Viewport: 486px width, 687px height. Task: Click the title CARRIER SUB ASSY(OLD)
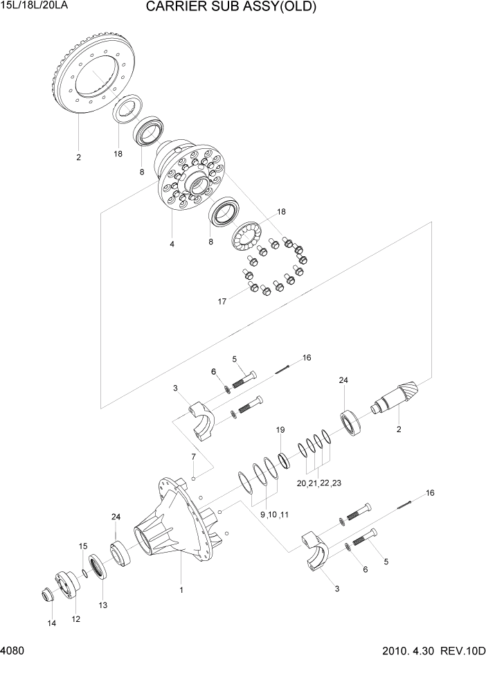pyautogui.click(x=231, y=8)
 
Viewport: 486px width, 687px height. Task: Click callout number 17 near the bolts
pyautogui.click(x=222, y=302)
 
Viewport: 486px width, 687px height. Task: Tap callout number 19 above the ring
pyautogui.click(x=280, y=430)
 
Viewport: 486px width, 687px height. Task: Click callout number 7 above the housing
pyautogui.click(x=194, y=457)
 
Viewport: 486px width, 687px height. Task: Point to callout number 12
pyautogui.click(x=76, y=618)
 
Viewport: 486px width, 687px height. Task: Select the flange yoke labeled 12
pyautogui.click(x=66, y=582)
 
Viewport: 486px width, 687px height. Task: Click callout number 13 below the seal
pyautogui.click(x=103, y=604)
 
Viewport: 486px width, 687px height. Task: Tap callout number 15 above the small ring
pyautogui.click(x=82, y=546)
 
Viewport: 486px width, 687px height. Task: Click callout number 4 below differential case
pyautogui.click(x=172, y=244)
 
